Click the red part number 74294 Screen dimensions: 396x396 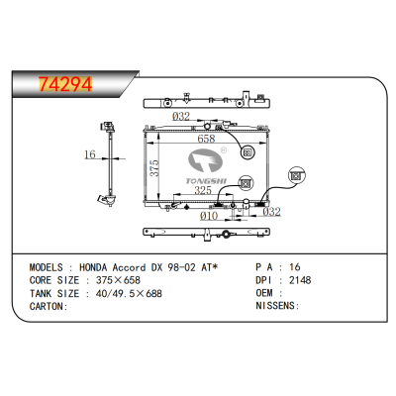[x=65, y=84]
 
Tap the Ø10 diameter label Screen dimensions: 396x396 [x=209, y=215]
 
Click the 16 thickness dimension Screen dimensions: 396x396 [x=88, y=155]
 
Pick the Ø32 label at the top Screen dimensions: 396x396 [x=180, y=117]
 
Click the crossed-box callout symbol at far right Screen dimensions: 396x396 [x=295, y=175]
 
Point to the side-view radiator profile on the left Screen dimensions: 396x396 [x=104, y=163]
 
